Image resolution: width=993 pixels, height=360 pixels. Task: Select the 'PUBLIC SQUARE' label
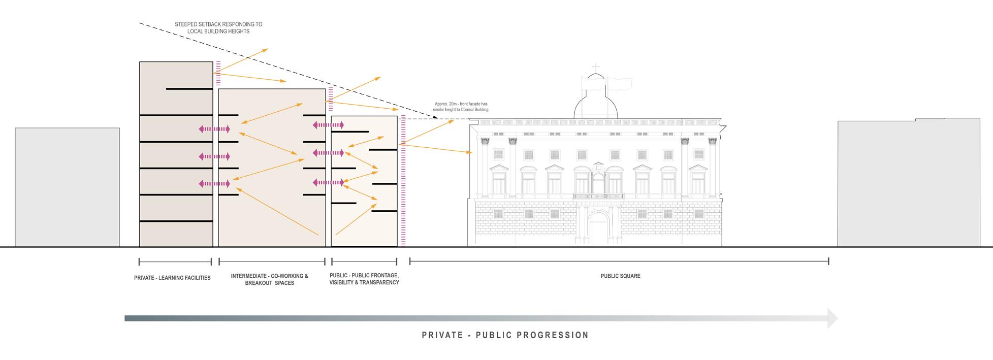(x=620, y=276)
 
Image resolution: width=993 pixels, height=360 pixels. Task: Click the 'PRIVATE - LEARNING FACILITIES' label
(x=172, y=278)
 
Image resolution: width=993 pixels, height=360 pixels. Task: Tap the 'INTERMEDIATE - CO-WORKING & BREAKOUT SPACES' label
(x=270, y=279)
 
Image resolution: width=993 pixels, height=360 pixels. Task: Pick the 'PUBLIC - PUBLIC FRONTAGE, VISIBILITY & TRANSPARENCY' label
(x=364, y=279)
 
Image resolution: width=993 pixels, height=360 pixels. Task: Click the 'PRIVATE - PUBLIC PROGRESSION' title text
(x=505, y=335)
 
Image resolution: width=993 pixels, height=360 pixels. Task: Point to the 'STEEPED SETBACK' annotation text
(x=218, y=27)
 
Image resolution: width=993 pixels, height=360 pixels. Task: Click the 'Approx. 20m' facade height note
(x=461, y=107)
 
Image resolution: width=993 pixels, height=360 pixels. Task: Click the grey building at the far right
(x=908, y=183)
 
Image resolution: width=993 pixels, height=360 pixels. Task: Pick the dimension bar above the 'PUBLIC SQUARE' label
(x=619, y=261)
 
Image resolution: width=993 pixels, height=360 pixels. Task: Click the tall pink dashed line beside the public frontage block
(x=403, y=181)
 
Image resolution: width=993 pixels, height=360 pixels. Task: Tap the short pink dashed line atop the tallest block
(x=218, y=73)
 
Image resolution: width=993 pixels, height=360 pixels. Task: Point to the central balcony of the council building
(x=598, y=196)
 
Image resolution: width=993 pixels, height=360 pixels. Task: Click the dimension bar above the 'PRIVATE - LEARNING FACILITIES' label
(x=175, y=262)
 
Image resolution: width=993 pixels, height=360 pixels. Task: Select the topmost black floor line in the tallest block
(x=189, y=89)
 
